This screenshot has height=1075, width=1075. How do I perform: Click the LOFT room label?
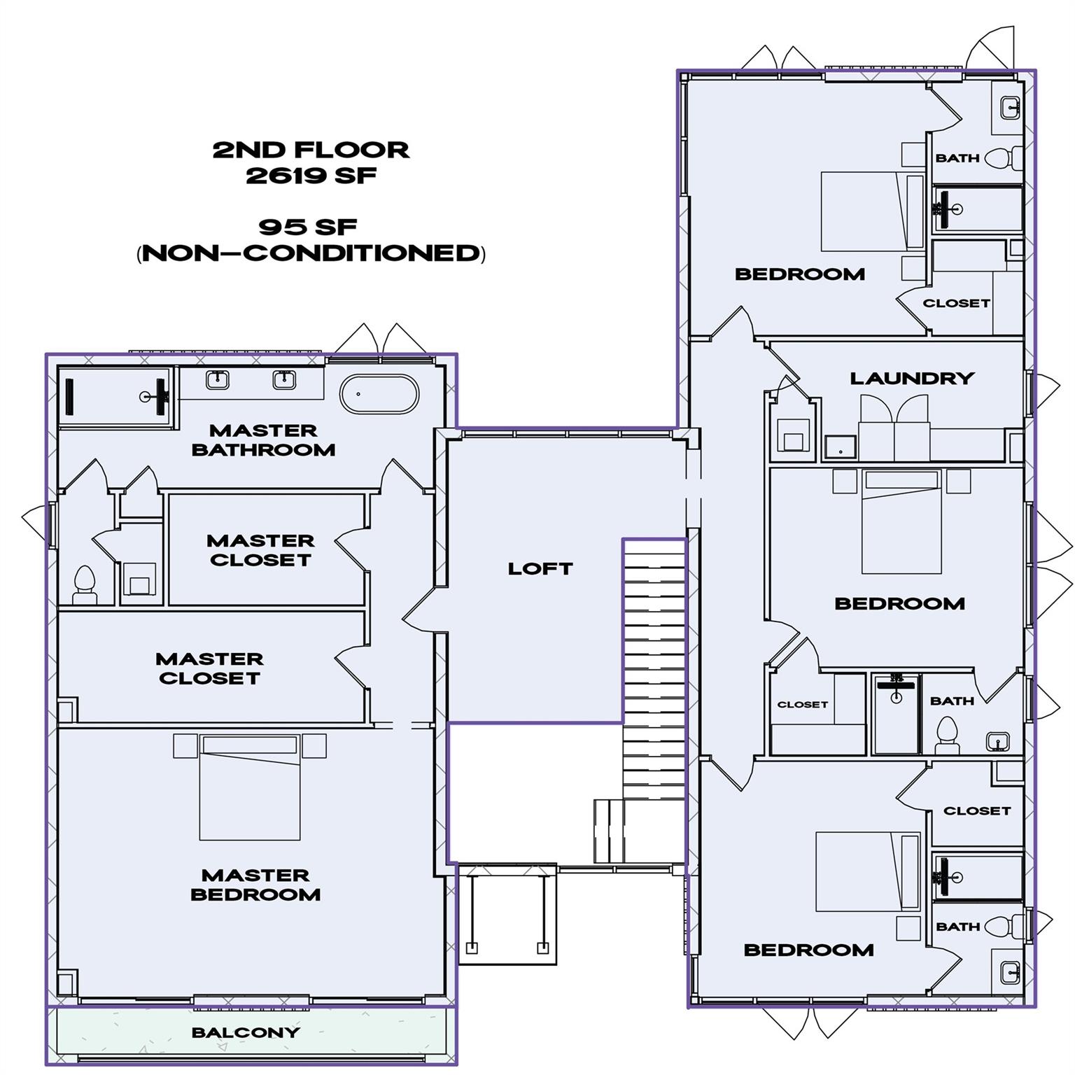[540, 568]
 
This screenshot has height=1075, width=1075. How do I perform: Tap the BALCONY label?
[246, 1032]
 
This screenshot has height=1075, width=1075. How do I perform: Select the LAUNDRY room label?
[912, 379]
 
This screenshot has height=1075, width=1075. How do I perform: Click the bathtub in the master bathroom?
[379, 395]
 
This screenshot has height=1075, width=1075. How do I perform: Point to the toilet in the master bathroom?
[84, 585]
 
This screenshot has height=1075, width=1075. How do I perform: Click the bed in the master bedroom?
[250, 787]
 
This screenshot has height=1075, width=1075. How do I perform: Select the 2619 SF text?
[311, 176]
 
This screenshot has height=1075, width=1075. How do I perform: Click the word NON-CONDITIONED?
[311, 253]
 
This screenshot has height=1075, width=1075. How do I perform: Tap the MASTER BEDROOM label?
[255, 885]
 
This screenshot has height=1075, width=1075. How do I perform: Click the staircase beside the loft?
[654, 672]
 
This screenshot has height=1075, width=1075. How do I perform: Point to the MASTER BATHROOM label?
[263, 440]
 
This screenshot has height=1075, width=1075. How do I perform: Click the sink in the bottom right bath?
[1009, 971]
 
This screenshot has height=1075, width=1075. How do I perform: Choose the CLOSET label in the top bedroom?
[956, 303]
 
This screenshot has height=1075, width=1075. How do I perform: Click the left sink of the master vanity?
[217, 380]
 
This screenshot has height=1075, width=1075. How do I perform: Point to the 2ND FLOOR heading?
[311, 150]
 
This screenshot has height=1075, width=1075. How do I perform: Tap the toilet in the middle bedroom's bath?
[947, 738]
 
